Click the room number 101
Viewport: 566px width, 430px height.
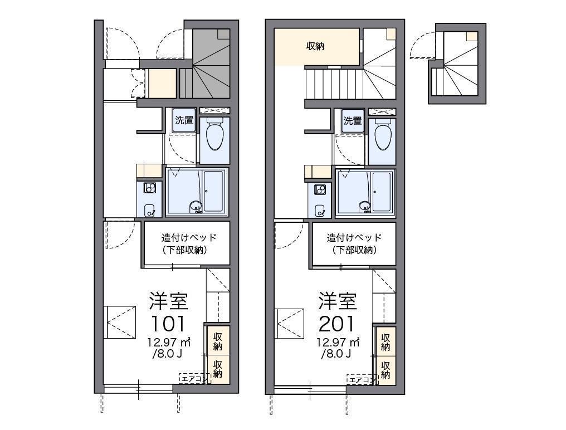tap(168, 324)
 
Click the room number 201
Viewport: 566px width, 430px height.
tap(338, 324)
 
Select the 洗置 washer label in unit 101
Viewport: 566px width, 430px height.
tap(184, 120)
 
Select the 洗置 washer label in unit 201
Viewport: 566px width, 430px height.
tap(352, 120)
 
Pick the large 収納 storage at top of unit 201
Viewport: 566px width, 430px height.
tap(316, 47)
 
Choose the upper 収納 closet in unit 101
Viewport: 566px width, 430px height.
tap(217, 341)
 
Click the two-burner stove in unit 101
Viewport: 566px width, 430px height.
tap(149, 188)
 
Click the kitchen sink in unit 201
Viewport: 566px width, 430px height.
tap(320, 211)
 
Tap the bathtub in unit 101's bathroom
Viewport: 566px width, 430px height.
tap(214, 191)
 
